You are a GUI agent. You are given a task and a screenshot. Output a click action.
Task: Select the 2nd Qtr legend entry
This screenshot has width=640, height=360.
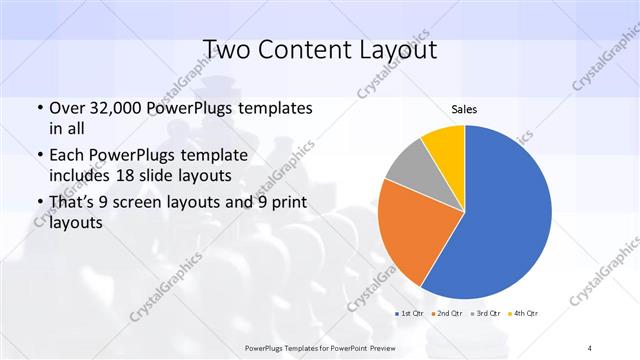point(449,314)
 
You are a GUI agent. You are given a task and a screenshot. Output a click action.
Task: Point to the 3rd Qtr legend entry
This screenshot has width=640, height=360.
point(487,314)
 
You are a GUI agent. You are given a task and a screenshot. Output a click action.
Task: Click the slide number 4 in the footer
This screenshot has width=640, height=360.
point(590,347)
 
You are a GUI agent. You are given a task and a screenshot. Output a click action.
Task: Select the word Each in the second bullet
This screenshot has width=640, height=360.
point(67,155)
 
